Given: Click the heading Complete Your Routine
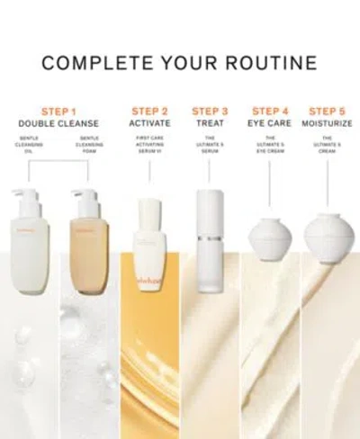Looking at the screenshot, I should (179, 63).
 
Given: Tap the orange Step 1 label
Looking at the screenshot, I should (60, 112).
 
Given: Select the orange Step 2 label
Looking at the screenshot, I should (150, 112).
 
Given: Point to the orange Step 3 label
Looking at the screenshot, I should (209, 112).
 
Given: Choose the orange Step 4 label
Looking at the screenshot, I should (269, 112).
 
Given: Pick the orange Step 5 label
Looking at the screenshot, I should (328, 112).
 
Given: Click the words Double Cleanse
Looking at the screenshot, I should (60, 123).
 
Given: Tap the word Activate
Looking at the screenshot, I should (150, 123).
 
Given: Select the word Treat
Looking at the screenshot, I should (209, 123).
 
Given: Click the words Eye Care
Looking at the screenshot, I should (269, 123).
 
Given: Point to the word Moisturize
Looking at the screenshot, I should (328, 123).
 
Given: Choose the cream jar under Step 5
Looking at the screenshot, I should (328, 237).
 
